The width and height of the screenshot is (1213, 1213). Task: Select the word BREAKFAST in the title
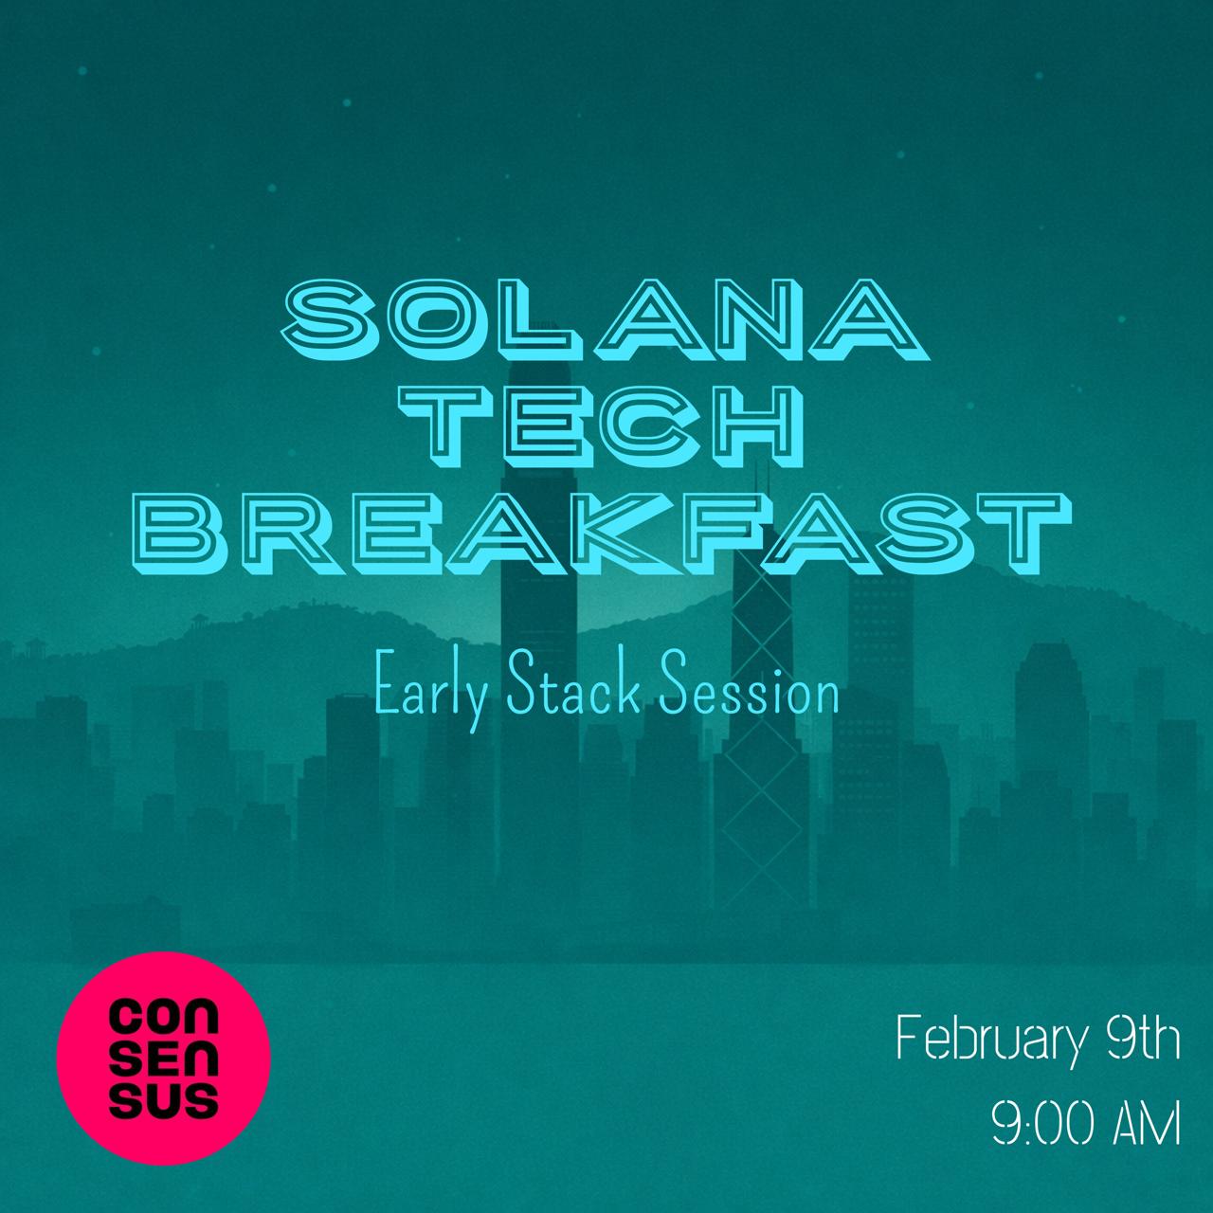point(606,534)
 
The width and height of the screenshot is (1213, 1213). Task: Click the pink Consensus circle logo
point(164,1059)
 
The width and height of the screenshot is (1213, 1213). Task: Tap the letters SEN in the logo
point(164,1059)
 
